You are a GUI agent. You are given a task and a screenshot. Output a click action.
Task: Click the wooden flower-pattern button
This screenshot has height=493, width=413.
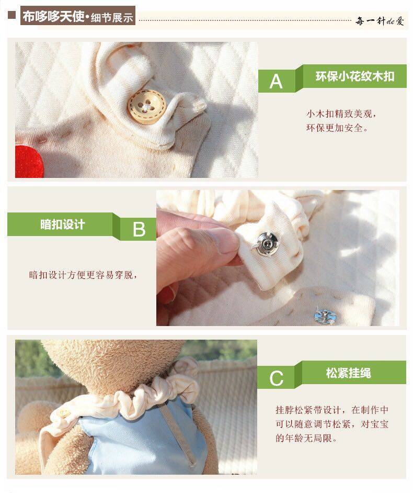click(147, 106)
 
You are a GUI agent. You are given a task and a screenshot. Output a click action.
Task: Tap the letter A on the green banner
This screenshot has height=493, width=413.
click(276, 82)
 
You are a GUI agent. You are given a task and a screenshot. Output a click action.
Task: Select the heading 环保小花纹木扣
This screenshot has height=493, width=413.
click(354, 76)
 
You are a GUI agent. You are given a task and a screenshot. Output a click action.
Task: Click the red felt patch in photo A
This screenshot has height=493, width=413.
click(29, 162)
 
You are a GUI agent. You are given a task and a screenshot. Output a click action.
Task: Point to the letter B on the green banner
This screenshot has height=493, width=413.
click(139, 229)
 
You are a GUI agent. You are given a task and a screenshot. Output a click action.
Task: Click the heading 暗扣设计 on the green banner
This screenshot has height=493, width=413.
click(63, 225)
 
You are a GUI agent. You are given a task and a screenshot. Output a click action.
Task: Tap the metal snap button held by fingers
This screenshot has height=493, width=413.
click(266, 244)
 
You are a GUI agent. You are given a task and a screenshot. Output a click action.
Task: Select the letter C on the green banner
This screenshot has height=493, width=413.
click(277, 378)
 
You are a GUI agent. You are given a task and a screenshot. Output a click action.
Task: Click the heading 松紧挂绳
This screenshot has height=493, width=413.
click(348, 373)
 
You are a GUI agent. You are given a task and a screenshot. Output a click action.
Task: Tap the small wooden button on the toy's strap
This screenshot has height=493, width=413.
click(64, 413)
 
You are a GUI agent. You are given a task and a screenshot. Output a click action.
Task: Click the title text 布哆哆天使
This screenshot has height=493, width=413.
click(53, 16)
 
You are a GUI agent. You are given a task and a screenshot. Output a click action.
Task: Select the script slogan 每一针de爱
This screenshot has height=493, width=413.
click(380, 21)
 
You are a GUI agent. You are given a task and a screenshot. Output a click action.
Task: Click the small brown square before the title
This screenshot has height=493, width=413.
click(12, 15)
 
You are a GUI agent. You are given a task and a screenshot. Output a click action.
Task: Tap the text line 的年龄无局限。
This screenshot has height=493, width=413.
click(306, 438)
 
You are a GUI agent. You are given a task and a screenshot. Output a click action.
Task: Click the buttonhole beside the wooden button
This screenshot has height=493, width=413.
click(198, 105)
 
